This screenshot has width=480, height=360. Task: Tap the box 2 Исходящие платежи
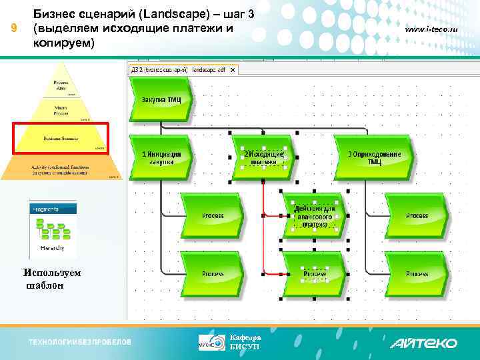(263, 157)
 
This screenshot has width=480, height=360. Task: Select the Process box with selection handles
(314, 273)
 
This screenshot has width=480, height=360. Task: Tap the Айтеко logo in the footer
(423, 343)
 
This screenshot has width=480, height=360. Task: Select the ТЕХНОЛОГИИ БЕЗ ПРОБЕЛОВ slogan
(80, 343)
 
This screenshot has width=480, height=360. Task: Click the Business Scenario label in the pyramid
(61, 138)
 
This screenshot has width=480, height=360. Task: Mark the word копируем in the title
(65, 43)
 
